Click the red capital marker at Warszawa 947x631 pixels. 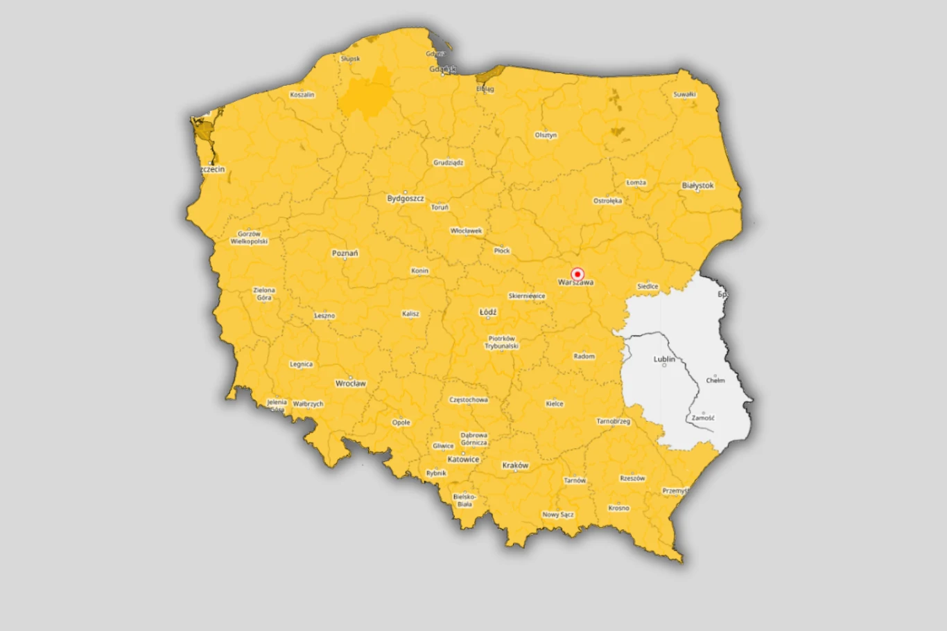click(577, 274)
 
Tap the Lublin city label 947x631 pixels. click(664, 359)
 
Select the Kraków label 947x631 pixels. click(515, 465)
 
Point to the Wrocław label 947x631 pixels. click(351, 383)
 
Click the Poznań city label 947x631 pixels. click(345, 253)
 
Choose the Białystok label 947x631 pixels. click(697, 186)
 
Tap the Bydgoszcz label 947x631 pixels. click(406, 199)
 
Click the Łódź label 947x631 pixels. click(488, 312)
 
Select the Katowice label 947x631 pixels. click(463, 459)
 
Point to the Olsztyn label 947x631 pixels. click(546, 135)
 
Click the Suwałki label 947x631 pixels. click(684, 94)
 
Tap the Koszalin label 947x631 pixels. click(302, 94)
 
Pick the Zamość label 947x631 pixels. click(703, 418)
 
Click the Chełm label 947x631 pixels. click(715, 380)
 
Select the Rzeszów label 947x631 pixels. click(632, 478)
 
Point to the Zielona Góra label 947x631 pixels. click(264, 294)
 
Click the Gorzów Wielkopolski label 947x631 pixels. click(249, 238)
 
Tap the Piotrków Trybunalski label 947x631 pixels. click(501, 342)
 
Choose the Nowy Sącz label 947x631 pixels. click(558, 515)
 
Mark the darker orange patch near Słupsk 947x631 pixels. click(367, 94)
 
